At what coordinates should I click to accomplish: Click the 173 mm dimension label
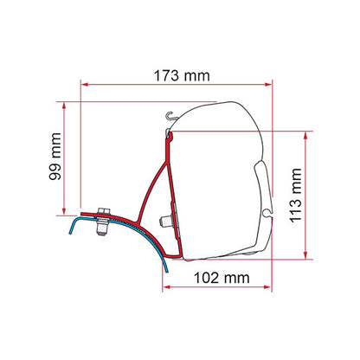coord(182,76)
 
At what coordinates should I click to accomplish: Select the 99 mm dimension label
coord(55,157)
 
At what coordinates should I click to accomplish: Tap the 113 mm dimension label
coord(295,196)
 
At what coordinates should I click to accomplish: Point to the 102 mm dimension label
coord(222,278)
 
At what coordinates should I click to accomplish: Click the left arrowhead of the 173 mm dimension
coord(85,85)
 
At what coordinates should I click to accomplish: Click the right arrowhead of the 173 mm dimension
coord(268,85)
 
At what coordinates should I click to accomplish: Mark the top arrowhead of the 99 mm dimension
coord(64,106)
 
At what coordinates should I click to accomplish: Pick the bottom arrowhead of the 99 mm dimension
coord(64,211)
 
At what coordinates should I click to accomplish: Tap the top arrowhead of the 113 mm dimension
coord(305,135)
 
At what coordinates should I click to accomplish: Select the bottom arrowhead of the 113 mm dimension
coord(305,255)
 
